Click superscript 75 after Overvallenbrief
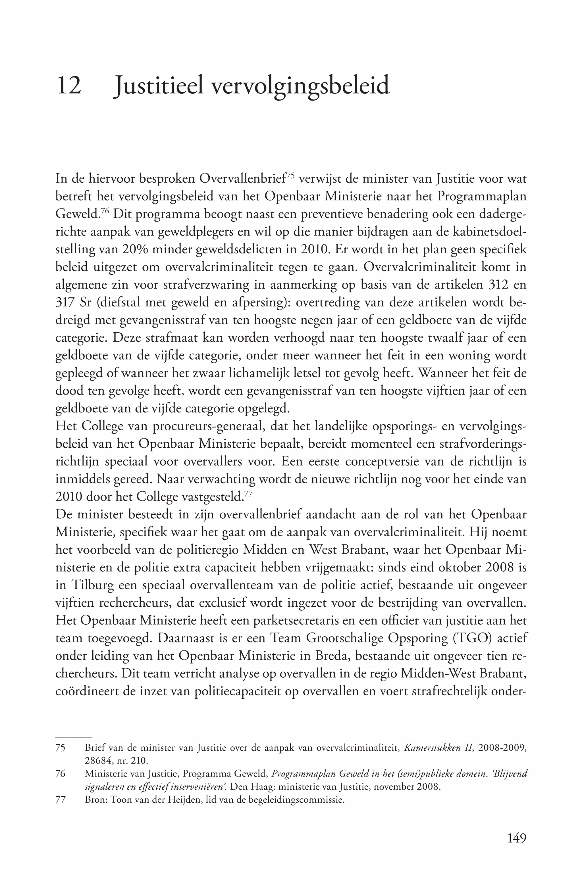coord(292,176)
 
